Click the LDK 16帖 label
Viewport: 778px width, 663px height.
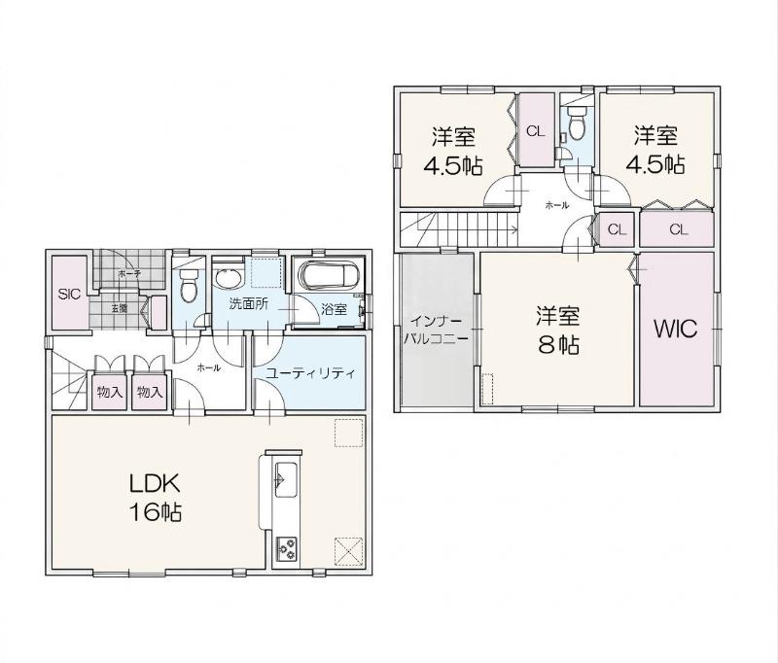tap(156, 498)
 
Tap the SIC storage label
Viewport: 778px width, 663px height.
tap(69, 294)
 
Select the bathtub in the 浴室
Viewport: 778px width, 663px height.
tap(328, 276)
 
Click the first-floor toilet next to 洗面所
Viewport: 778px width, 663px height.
tap(188, 285)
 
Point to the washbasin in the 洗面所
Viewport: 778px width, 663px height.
tap(229, 278)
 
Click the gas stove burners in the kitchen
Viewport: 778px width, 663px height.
tap(286, 549)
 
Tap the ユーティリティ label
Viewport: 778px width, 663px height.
tap(310, 373)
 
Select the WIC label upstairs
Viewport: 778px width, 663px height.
tap(675, 329)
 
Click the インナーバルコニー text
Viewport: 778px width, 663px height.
tap(437, 330)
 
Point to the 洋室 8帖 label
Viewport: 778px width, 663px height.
tap(558, 330)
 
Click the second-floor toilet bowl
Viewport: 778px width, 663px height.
tap(577, 126)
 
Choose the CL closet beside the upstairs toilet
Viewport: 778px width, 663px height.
tap(536, 131)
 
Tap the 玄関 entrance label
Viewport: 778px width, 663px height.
tap(119, 308)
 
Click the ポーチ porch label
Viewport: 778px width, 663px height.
tap(123, 273)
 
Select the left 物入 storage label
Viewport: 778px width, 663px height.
tap(110, 392)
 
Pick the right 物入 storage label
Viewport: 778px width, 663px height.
tap(150, 392)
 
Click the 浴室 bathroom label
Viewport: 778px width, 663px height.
tap(334, 309)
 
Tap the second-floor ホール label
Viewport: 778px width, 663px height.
tap(556, 205)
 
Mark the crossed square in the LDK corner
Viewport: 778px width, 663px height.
tap(349, 552)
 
